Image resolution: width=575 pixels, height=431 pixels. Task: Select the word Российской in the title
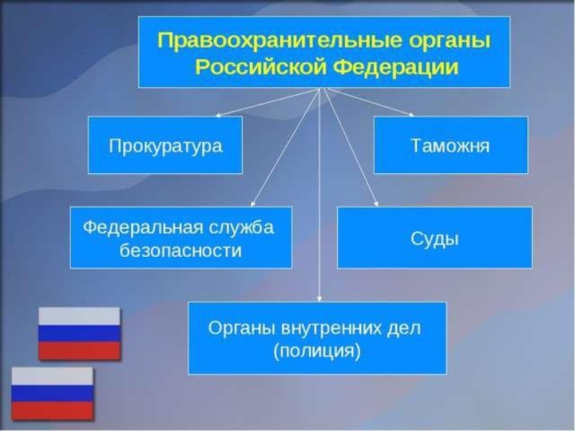coord(259,67)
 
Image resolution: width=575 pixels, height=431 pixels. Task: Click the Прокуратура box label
coord(165,147)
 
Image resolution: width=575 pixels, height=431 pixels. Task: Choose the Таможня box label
coord(450,145)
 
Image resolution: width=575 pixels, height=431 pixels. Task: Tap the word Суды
coord(434,239)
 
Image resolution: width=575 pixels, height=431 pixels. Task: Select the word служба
coord(242,227)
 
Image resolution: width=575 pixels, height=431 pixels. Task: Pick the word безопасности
coord(180,251)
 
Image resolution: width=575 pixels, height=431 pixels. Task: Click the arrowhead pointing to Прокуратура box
coord(218,116)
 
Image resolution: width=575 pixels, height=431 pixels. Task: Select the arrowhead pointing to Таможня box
coord(412,114)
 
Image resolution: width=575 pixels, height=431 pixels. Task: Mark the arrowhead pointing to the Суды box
coord(376,204)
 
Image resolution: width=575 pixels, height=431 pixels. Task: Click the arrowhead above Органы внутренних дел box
coord(319,299)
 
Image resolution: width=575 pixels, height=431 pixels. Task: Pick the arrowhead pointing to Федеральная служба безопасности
coord(252,204)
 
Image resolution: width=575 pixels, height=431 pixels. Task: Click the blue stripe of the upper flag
coord(80,333)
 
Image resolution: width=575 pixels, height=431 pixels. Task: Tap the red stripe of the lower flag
coord(52,410)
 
